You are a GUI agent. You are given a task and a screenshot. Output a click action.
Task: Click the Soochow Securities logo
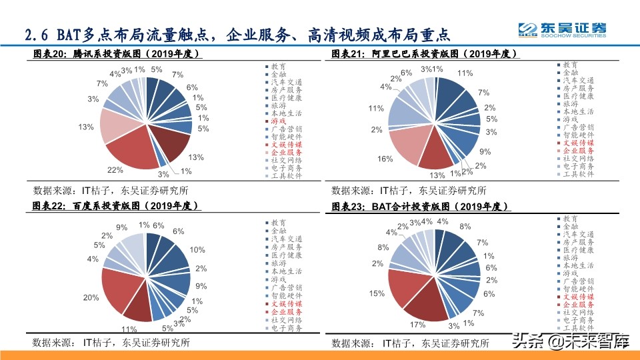pos(563,29)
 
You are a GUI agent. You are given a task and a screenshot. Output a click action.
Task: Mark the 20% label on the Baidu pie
pos(91,297)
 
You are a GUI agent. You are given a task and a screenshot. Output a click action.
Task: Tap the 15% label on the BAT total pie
pos(376,293)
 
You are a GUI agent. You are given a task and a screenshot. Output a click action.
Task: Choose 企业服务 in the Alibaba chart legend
pos(577,152)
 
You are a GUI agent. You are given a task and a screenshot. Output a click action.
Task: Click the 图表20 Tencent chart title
pos(117,53)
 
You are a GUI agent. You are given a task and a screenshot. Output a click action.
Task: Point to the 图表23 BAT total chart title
pos(420,207)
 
